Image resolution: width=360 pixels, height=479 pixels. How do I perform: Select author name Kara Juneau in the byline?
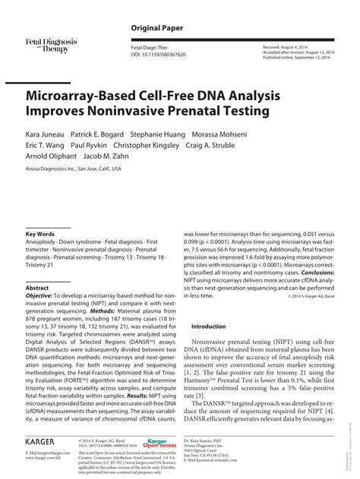click(48, 134)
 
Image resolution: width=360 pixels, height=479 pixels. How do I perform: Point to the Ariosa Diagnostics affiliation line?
click(74, 169)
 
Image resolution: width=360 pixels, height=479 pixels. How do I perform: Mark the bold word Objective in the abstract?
click(43, 298)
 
